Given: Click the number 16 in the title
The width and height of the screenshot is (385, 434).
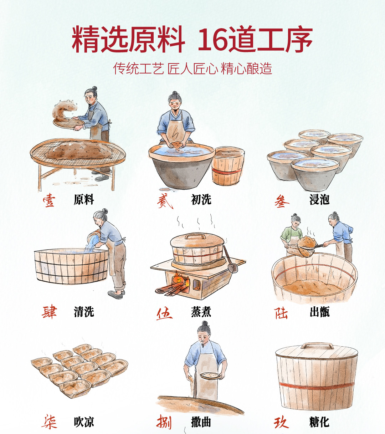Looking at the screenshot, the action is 213,40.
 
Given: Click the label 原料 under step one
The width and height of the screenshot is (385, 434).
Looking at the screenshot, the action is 84,200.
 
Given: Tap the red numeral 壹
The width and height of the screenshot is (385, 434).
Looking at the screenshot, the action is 49,200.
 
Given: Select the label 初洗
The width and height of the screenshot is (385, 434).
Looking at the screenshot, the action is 201,200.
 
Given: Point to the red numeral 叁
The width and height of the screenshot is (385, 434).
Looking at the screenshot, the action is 282,201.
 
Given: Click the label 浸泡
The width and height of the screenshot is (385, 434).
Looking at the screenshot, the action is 319,200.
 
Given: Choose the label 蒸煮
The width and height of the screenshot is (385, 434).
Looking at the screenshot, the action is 201,312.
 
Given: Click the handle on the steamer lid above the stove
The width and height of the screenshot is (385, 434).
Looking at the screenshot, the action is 195,236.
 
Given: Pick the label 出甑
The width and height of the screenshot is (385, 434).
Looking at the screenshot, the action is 319,312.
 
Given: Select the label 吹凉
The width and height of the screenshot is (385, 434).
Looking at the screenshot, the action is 84,422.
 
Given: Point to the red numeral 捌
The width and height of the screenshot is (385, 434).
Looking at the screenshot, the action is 164,422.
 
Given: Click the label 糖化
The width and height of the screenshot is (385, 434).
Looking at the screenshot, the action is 319,422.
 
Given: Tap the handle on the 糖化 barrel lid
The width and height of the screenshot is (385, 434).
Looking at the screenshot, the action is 317,346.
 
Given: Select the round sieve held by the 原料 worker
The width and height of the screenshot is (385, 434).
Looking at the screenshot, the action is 68,123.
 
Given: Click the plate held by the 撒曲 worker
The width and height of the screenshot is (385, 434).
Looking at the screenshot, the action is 210,376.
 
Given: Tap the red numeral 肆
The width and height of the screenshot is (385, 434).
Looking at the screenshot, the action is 49,312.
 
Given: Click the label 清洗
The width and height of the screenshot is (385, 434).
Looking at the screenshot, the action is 84,312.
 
